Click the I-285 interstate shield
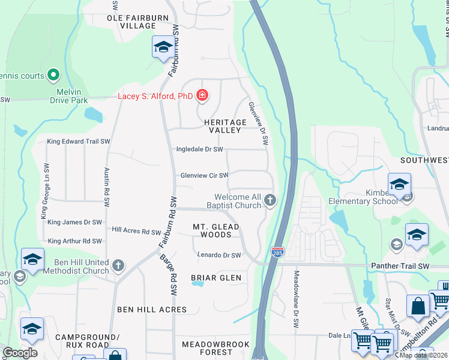[x=277, y=252]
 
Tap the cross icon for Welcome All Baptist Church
[x=270, y=200]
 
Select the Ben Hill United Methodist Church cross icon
[x=119, y=265]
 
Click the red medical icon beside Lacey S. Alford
[x=202, y=95]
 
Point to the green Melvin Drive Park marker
[x=53, y=75]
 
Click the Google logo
[x=20, y=352]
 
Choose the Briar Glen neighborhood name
[x=216, y=278]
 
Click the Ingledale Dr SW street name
[x=199, y=149]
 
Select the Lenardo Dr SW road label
[x=219, y=255]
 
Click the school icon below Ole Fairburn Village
[x=163, y=48]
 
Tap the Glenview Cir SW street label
[x=205, y=176]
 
